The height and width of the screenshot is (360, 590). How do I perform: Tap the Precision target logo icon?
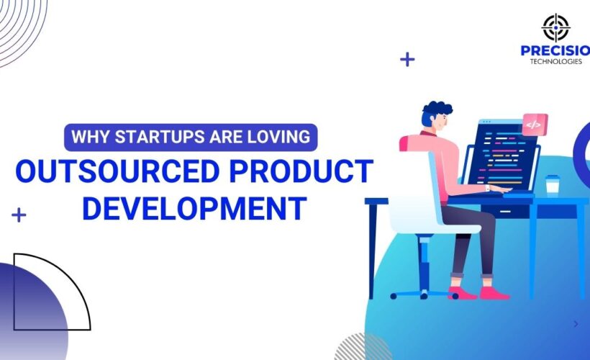(x=555, y=28)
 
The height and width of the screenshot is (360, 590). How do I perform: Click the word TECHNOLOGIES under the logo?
(x=556, y=62)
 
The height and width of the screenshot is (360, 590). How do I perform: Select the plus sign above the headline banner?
(x=407, y=59)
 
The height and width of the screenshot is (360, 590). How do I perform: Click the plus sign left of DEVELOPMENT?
(x=19, y=215)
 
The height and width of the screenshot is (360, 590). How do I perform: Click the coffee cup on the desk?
(x=552, y=184)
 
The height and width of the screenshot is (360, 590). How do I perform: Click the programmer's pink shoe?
(x=495, y=292)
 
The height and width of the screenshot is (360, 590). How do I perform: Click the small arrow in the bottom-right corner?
(x=576, y=324)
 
